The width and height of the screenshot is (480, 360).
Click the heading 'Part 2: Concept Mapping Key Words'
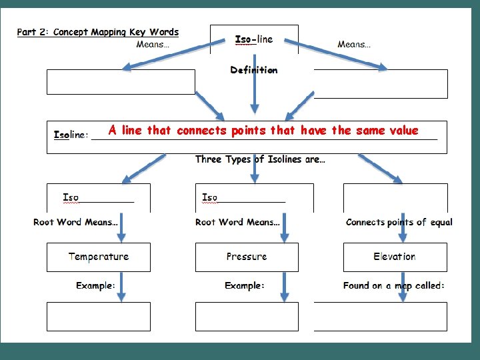pos(98,32)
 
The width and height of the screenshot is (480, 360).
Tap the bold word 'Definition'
pos(254,70)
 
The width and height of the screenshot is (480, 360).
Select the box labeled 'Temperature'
pos(99,257)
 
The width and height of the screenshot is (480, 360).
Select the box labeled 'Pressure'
pos(247,257)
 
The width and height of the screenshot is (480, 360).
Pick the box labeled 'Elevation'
pos(395,257)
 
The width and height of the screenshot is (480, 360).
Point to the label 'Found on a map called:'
pos(394,285)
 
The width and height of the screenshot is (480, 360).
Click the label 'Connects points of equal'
pos(399,222)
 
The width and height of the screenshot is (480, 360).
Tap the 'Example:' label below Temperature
pos(95,285)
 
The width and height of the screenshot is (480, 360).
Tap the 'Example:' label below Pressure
pos(244,285)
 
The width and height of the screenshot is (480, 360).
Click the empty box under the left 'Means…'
pos(121,82)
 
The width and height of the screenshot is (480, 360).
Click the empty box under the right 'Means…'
pos(381,83)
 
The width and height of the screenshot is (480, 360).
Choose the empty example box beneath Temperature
pos(99,316)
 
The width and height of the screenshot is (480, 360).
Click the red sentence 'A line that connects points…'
pos(263,131)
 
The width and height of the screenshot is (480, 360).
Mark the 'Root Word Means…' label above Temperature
pos(75,222)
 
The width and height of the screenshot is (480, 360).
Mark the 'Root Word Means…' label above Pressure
pos(237,222)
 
